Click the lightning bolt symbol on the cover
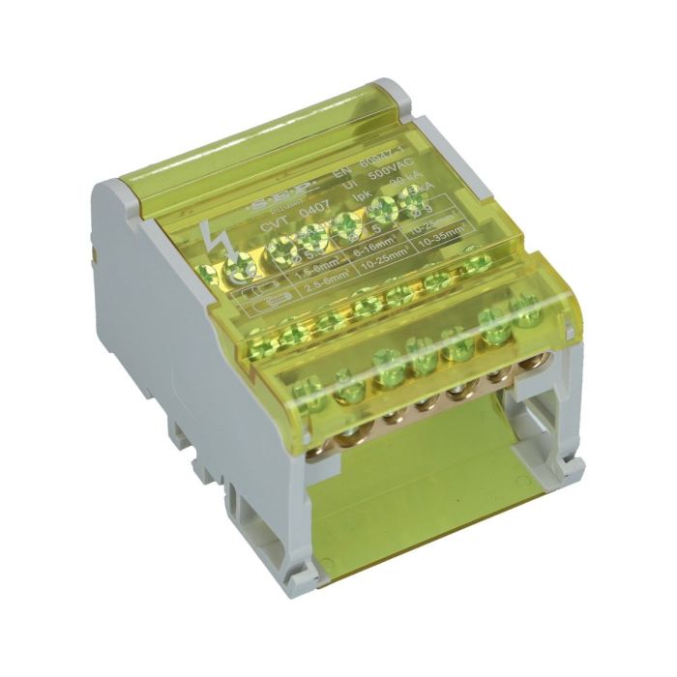click(x=216, y=236)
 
